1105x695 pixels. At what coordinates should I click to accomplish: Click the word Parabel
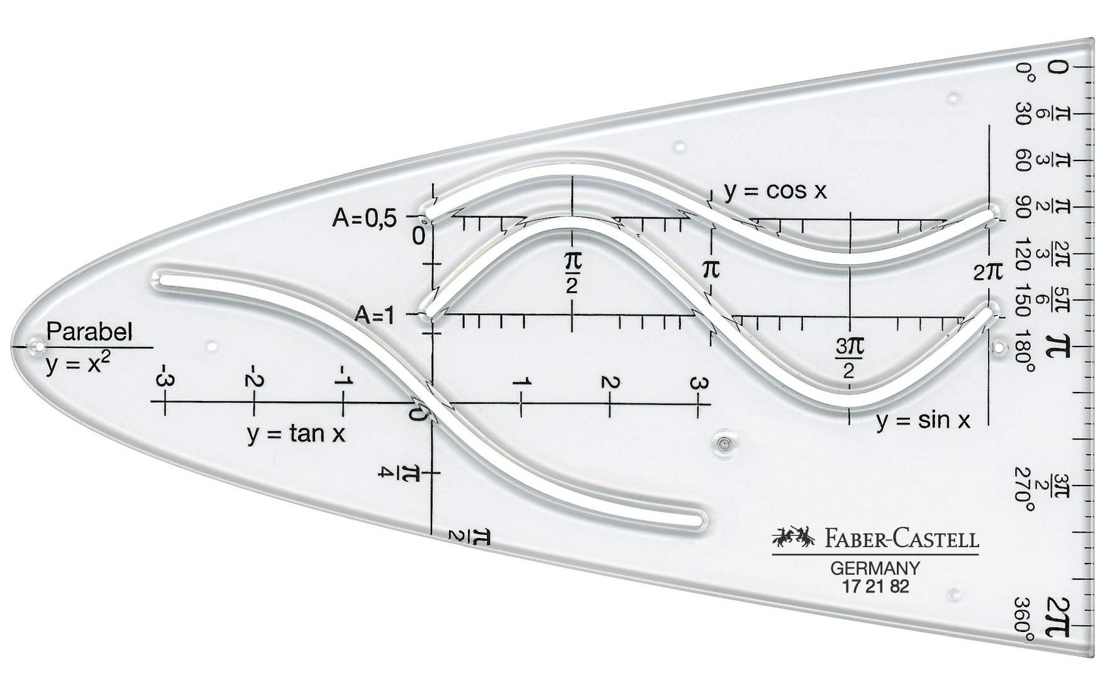coord(89,332)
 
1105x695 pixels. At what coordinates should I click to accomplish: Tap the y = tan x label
coord(296,433)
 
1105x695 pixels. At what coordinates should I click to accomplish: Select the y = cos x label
coord(775,190)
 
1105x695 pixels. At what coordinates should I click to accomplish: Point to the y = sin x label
coord(923,421)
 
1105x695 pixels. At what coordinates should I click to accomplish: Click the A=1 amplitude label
coord(375,315)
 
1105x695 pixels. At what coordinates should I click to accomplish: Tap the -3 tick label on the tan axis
coord(165,379)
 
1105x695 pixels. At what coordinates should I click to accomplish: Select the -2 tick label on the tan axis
coord(253,379)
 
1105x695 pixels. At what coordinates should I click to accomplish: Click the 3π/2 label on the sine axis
coord(850,357)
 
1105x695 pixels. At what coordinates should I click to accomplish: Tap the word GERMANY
coord(875,569)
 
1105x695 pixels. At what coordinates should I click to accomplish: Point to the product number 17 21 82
coord(875,587)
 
